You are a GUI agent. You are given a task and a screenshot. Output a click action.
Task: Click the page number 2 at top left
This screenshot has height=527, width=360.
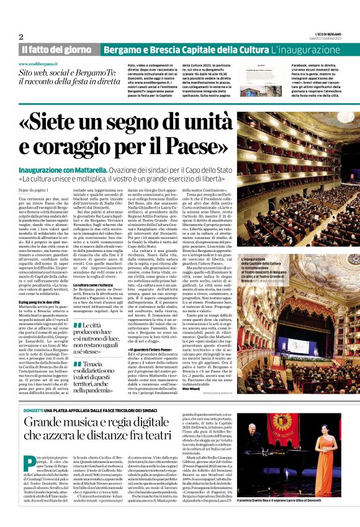click(21, 37)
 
